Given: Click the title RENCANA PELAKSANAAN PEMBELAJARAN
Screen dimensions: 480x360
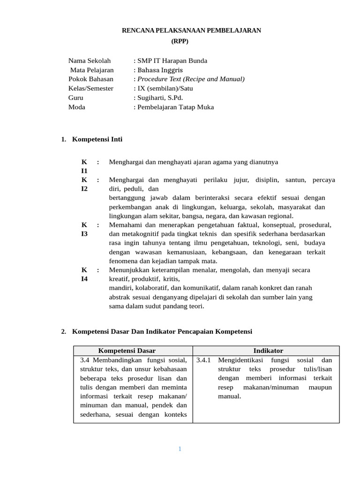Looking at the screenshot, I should pos(191,30).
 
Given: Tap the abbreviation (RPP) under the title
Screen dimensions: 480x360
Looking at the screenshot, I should pos(180,41).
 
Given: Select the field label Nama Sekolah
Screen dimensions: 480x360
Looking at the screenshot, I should pos(90,60).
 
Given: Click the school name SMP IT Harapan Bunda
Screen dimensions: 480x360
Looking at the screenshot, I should pos(172,60).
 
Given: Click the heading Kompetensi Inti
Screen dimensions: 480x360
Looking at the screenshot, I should pos(97,139).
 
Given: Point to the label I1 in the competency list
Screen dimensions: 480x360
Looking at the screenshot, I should pos(84,171).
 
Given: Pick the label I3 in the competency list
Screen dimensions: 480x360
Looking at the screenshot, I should pos(84,233).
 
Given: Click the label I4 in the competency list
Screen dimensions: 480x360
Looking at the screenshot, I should pos(84,278).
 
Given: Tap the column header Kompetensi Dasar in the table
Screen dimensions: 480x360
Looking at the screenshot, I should pos(127,351).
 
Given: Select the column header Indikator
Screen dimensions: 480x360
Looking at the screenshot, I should pos(268,351).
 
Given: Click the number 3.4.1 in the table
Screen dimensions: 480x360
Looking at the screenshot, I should pos(204,360).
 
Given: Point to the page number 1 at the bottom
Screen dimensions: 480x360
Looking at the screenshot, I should pos(180,449).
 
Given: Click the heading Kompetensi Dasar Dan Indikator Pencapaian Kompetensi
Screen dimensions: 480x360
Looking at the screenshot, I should pos(162,331).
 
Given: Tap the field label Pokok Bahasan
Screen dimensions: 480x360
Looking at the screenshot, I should pos(91,79).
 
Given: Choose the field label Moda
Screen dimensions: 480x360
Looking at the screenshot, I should pos(77,107).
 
